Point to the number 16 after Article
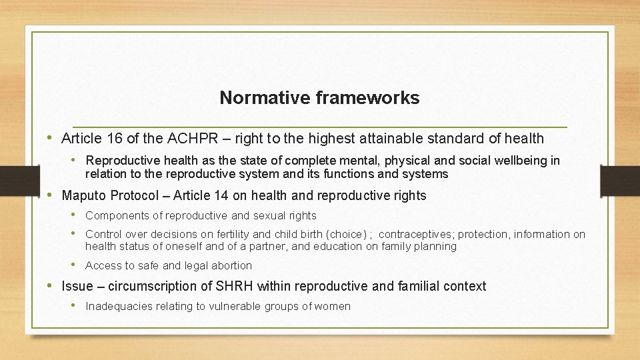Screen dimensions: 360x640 tap(112, 139)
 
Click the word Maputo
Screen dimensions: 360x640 tap(85, 196)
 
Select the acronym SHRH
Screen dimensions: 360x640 tap(233, 287)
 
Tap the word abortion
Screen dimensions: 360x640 tap(231, 266)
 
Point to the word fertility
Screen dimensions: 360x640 tap(233, 235)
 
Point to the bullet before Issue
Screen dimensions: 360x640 tap(51, 285)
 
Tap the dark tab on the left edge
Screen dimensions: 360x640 tap(13, 179)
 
